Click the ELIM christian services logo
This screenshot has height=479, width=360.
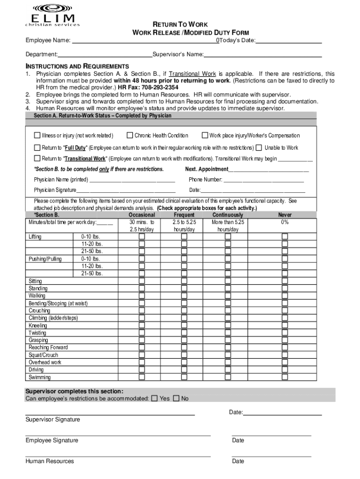click(52, 15)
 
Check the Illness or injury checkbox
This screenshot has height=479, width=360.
click(37, 136)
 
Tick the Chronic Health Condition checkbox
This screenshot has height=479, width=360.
click(130, 136)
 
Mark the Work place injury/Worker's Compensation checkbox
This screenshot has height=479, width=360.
click(205, 136)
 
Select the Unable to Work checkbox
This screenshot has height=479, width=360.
click(259, 148)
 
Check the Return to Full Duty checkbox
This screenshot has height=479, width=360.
click(37, 148)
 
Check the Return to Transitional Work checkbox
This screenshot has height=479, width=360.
click(37, 159)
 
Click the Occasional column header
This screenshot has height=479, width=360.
click(142, 215)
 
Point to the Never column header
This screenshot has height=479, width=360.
click(285, 215)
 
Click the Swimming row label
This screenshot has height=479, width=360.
click(40, 377)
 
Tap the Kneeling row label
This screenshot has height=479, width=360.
click(38, 326)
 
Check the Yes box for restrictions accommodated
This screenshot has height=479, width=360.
click(154, 399)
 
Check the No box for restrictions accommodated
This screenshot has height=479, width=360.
click(176, 399)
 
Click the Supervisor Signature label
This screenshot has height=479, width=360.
click(52, 420)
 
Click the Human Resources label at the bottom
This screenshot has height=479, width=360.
click(50, 461)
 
